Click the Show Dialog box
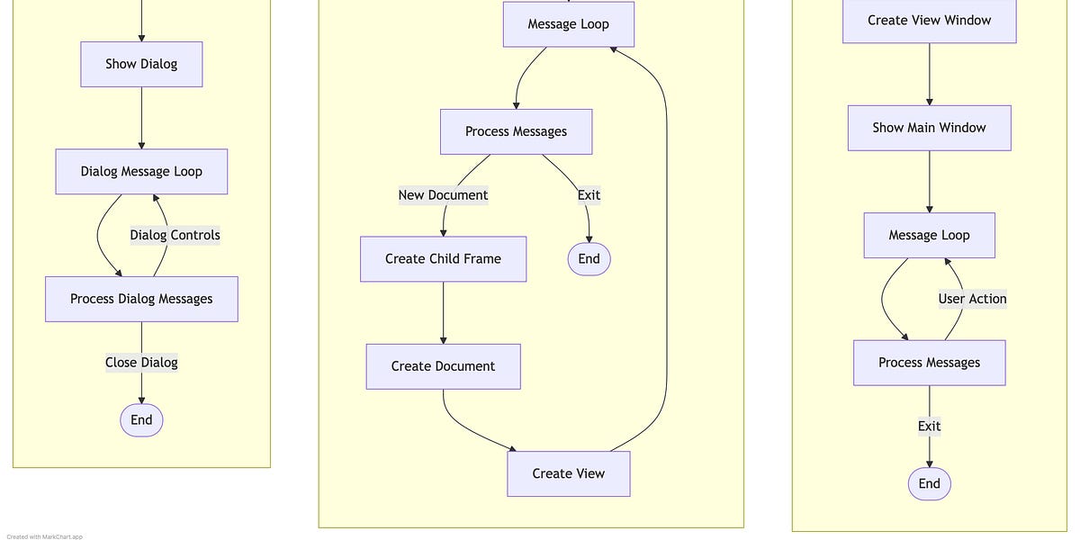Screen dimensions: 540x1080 (x=141, y=64)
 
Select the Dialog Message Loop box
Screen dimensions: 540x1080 (x=141, y=171)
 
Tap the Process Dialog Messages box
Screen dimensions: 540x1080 (x=141, y=299)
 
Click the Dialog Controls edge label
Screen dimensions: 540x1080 (x=175, y=235)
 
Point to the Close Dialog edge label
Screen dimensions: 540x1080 (x=141, y=363)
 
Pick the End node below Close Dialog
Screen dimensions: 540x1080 (x=141, y=419)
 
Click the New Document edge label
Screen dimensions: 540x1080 (x=443, y=195)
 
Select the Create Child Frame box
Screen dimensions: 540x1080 (x=443, y=259)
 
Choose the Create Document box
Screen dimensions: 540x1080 (x=443, y=366)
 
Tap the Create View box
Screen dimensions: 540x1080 (x=568, y=473)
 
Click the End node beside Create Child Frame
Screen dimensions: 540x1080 (x=589, y=259)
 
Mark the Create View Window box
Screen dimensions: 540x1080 (x=929, y=21)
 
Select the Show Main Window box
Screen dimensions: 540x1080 (x=929, y=128)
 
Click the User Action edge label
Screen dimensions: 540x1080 (x=972, y=299)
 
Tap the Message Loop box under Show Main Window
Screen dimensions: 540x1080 (x=929, y=235)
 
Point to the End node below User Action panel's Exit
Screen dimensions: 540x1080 (x=929, y=483)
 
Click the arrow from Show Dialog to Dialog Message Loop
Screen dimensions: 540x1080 (x=141, y=118)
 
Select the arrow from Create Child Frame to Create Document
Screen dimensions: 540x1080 (x=443, y=313)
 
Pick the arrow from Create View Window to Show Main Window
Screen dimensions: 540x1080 (x=929, y=75)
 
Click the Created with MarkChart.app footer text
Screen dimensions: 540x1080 (x=45, y=536)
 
